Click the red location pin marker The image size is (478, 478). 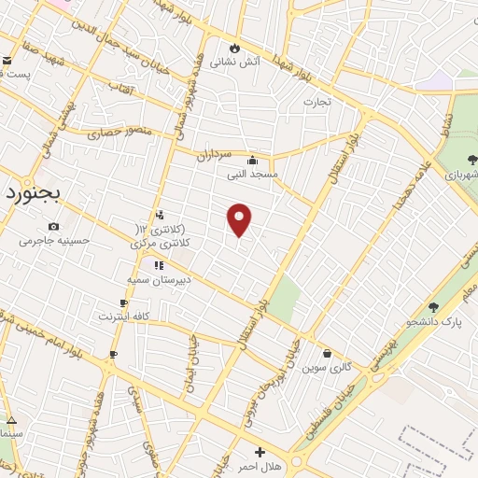tap(240, 218)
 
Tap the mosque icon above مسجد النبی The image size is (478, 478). tap(252, 159)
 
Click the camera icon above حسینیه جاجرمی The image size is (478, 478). tap(53, 226)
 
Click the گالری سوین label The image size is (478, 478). tap(327, 368)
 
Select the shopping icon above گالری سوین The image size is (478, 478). tap(328, 353)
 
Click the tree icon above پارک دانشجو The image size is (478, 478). tap(432, 307)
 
